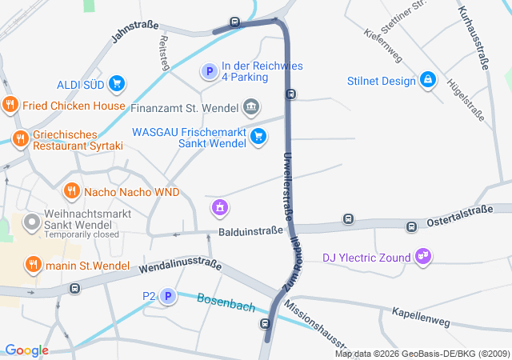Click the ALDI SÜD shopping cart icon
point(117,83)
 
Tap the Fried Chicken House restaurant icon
point(10,105)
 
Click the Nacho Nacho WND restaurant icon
point(72,191)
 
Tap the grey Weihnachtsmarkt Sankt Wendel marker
point(32,221)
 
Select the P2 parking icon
point(168,298)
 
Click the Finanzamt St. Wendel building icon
point(251,106)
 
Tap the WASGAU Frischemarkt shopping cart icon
point(258,136)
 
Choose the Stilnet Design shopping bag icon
point(428,80)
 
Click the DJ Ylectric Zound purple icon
point(423,257)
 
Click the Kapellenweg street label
point(420,315)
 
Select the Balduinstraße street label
point(250,231)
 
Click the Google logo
point(26,350)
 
